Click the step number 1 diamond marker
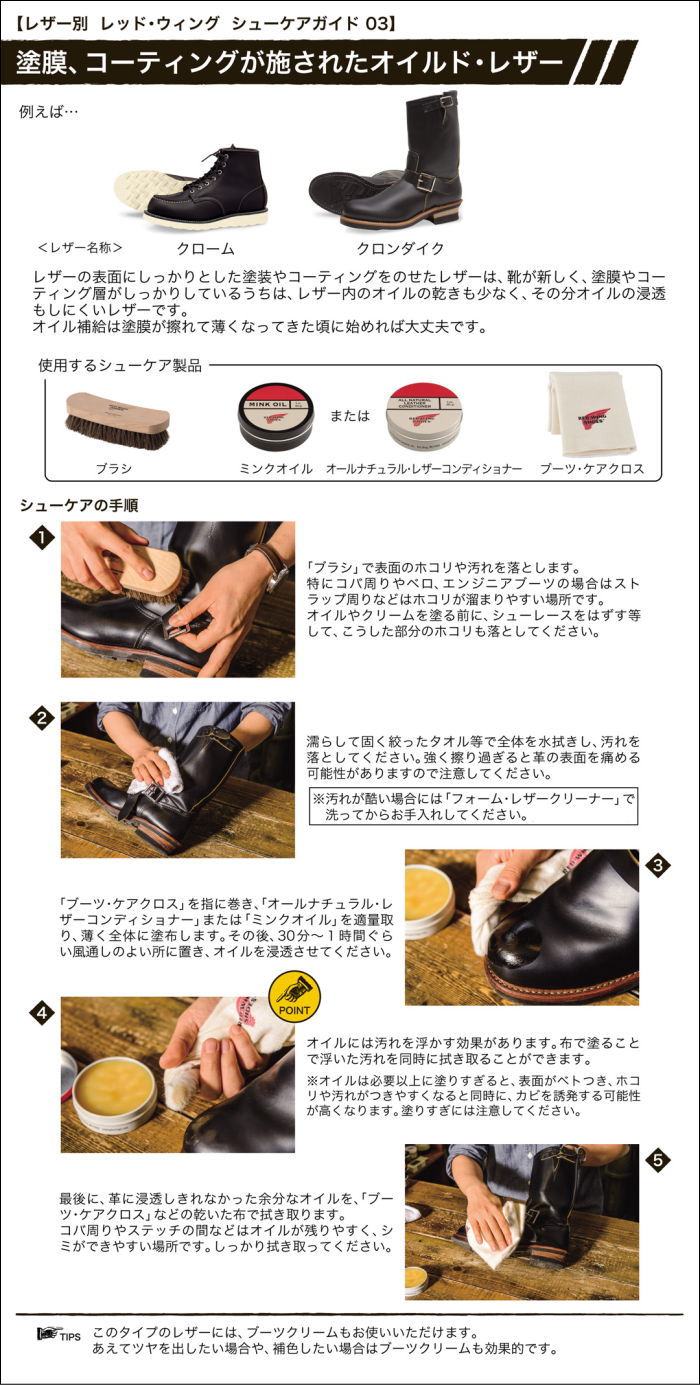tap(41, 539)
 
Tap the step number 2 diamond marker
tap(41, 718)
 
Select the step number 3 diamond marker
tap(656, 866)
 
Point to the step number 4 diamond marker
tap(41, 1013)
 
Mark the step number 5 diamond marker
tap(656, 1160)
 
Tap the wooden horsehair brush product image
tap(117, 419)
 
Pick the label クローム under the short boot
tap(205, 248)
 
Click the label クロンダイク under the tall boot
tap(400, 248)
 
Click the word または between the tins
tap(350, 416)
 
